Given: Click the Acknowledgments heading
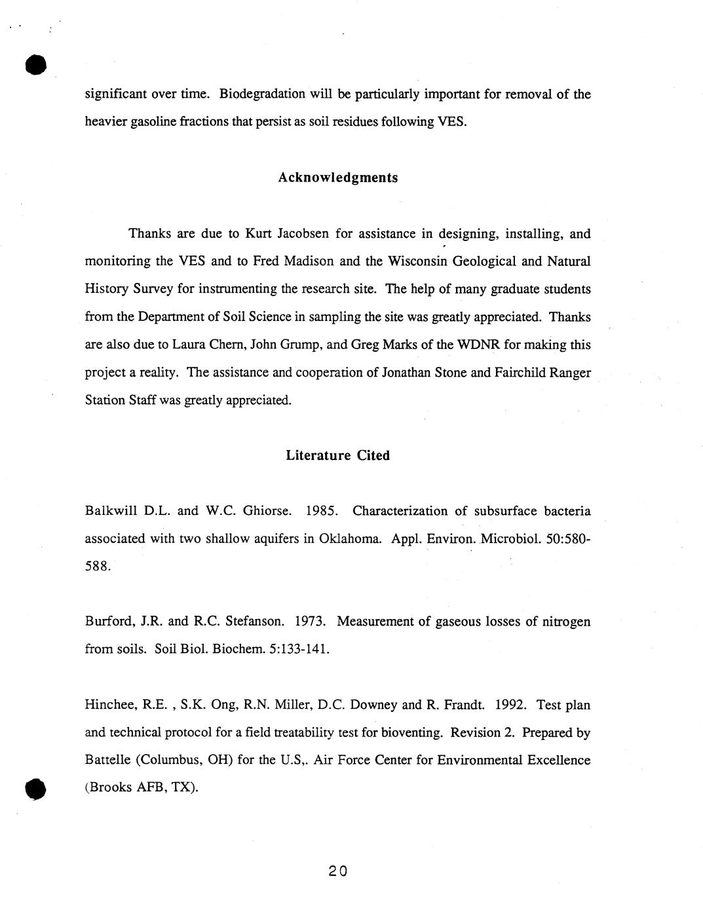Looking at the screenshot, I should (337, 178).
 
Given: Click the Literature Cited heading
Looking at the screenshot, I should (337, 455).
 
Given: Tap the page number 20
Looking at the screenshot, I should (338, 871).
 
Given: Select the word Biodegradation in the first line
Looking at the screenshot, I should (262, 94).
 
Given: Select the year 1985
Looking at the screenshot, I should (321, 511).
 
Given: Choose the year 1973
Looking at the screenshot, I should (311, 621).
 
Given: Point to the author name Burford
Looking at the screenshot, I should (106, 621).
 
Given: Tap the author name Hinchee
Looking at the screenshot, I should (107, 706).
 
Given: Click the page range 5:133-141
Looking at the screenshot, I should (299, 649).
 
